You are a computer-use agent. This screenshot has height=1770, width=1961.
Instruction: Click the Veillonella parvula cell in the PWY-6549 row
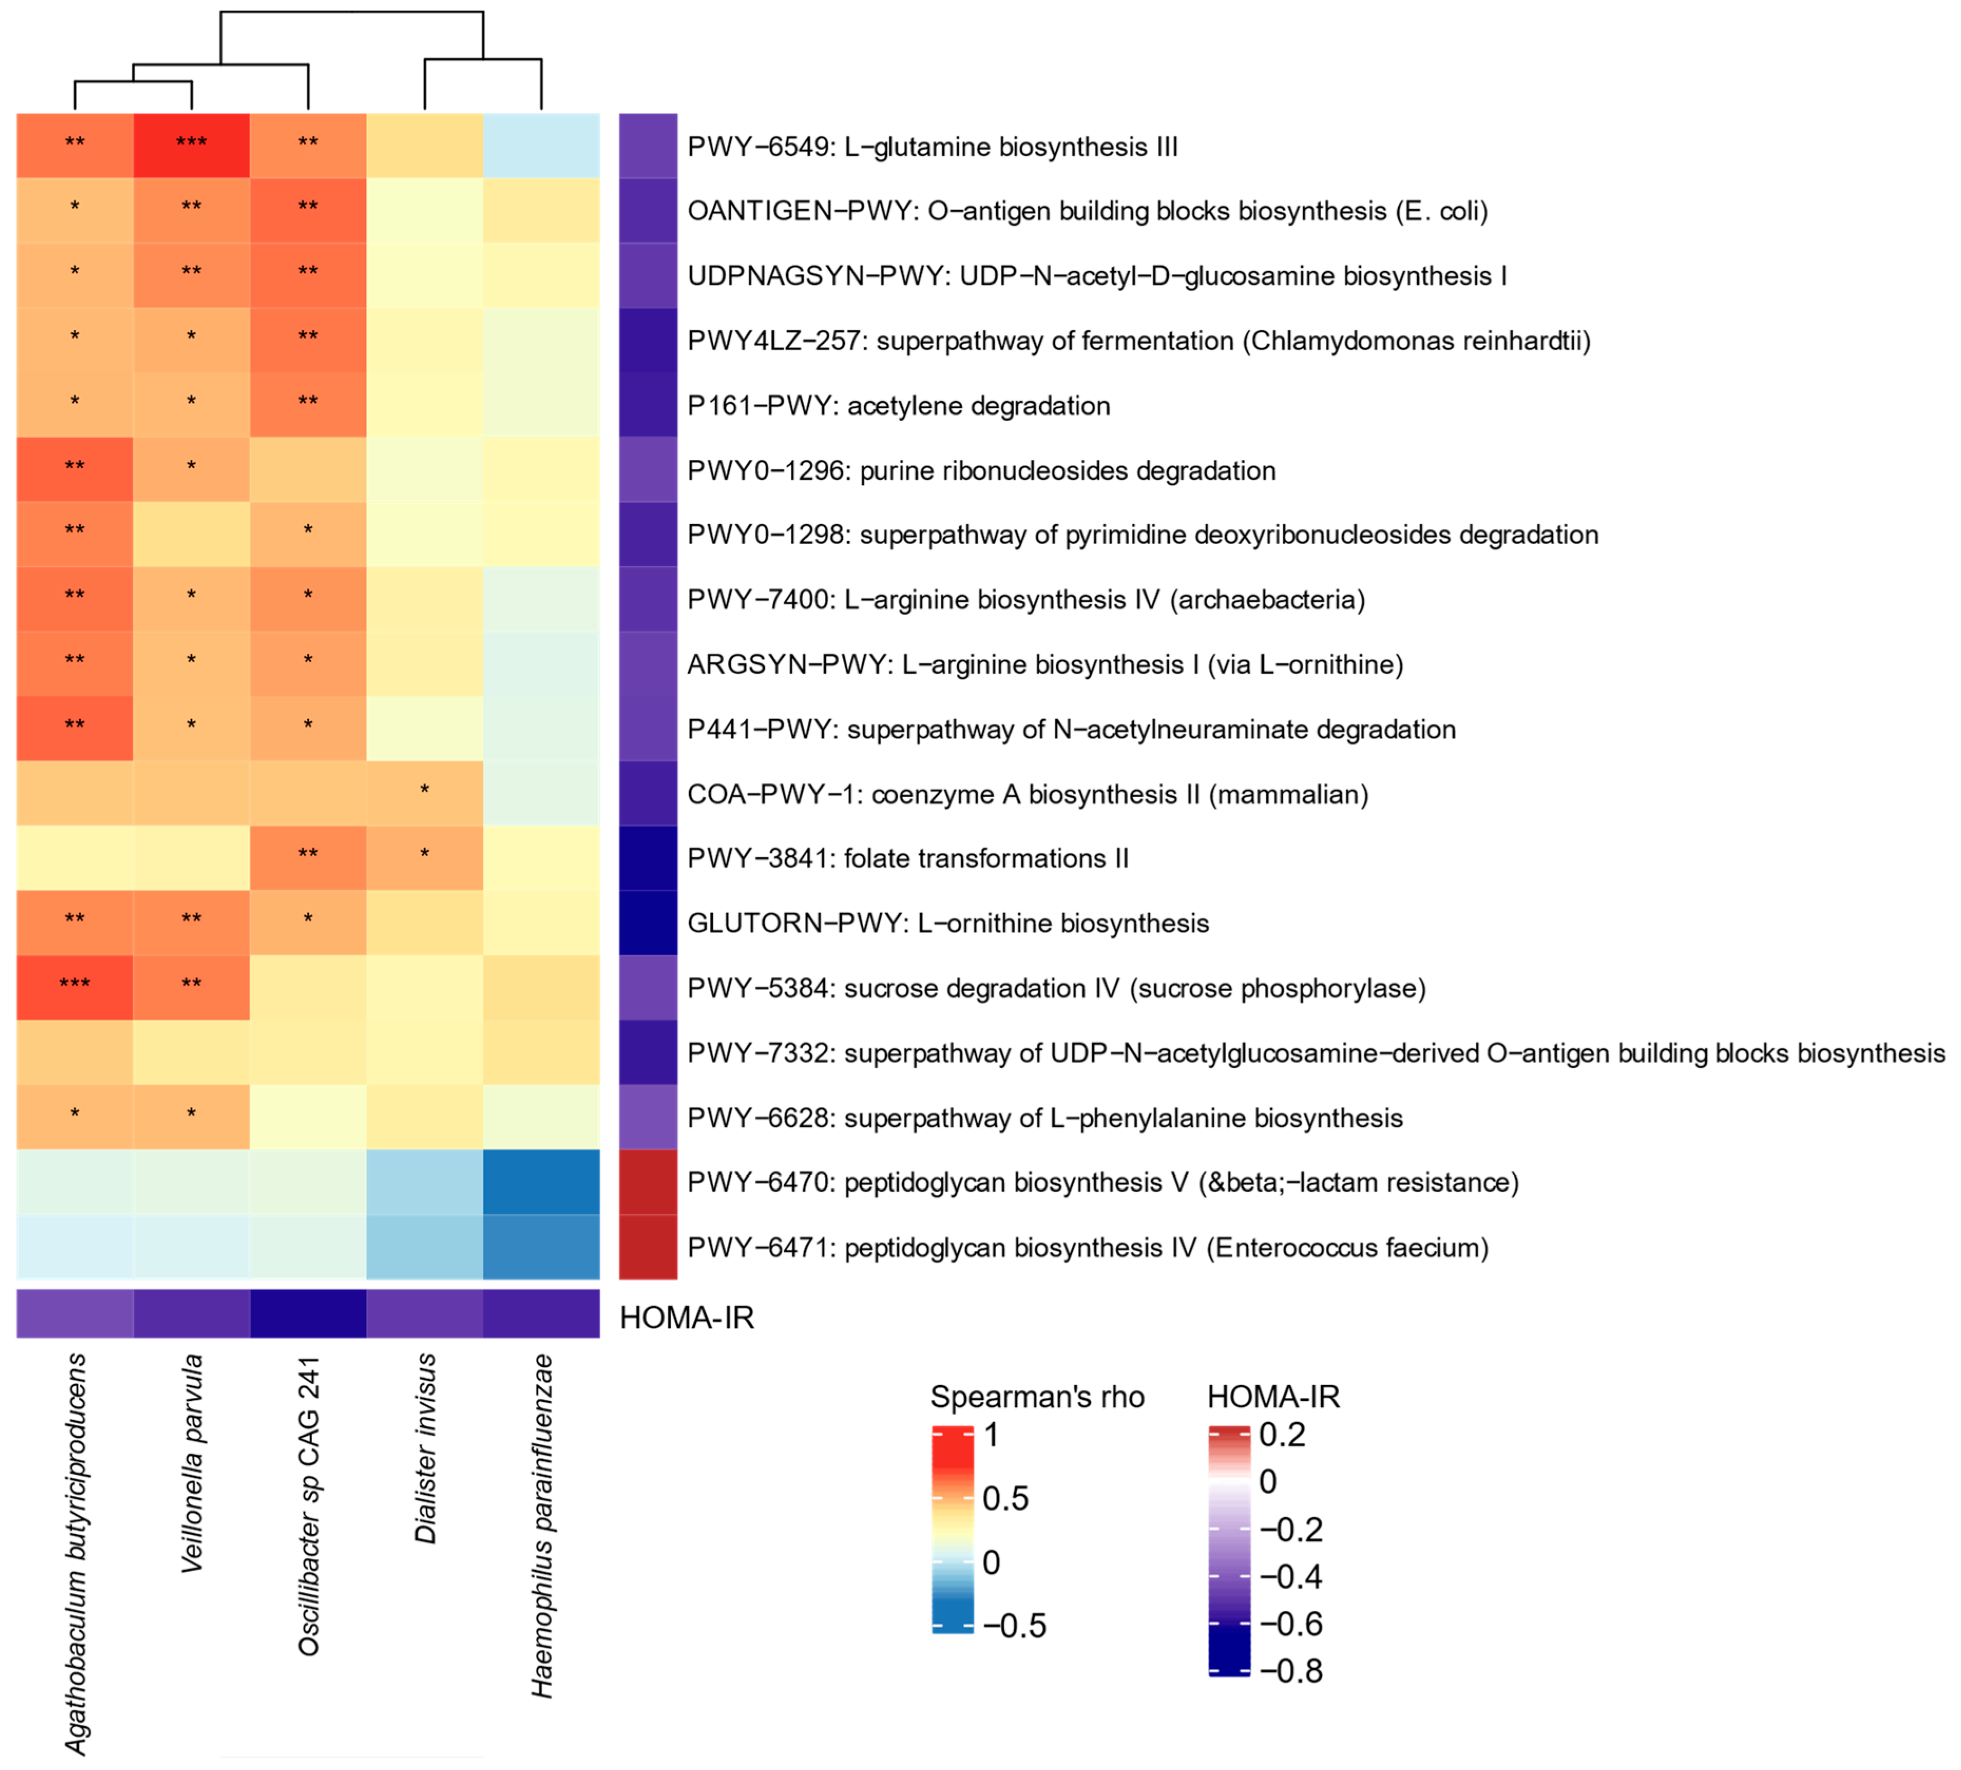tap(191, 146)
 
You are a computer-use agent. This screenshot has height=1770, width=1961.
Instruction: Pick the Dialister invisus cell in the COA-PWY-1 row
tap(425, 794)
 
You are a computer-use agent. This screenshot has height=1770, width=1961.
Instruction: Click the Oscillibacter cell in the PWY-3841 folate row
tap(309, 858)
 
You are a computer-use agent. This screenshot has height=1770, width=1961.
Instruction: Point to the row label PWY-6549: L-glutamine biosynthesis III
tap(932, 147)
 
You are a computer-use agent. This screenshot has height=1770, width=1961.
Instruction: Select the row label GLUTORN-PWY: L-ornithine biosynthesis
tap(947, 923)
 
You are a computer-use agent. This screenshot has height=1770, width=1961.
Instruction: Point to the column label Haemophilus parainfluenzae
tap(542, 1525)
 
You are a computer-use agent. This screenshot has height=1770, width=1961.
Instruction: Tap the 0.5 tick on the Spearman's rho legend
tap(1005, 1498)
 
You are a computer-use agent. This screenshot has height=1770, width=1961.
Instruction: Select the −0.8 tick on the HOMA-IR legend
tap(1291, 1671)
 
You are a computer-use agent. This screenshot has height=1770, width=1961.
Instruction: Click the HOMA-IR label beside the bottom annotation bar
tap(687, 1318)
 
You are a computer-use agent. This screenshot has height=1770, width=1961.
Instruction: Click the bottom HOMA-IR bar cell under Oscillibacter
tap(309, 1314)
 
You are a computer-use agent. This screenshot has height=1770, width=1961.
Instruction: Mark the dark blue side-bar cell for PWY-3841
tap(648, 858)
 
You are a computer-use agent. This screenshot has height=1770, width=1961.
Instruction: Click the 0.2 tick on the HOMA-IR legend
tap(1281, 1435)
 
